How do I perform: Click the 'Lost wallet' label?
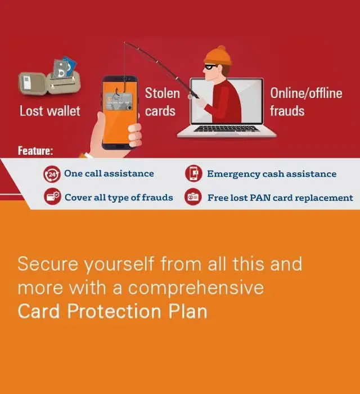pos(50,111)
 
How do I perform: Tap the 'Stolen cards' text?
pos(163,102)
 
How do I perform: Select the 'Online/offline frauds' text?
pos(306,102)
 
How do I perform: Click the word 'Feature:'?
pos(35,151)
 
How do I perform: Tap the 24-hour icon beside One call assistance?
pos(52,174)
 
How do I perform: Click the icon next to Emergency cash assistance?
pos(193,173)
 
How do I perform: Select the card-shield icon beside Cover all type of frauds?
pos(52,196)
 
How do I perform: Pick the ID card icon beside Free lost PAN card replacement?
pos(193,197)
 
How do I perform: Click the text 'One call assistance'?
pos(109,173)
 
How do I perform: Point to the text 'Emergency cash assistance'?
pos(272,174)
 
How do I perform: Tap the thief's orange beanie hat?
pos(218,56)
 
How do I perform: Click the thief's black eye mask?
pos(210,67)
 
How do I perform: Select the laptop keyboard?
pos(226,128)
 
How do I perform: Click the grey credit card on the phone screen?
pos(119,101)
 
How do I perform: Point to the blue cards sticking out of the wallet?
pos(70,66)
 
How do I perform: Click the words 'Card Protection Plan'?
pos(112,311)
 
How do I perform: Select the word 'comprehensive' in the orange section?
pos(196,288)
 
